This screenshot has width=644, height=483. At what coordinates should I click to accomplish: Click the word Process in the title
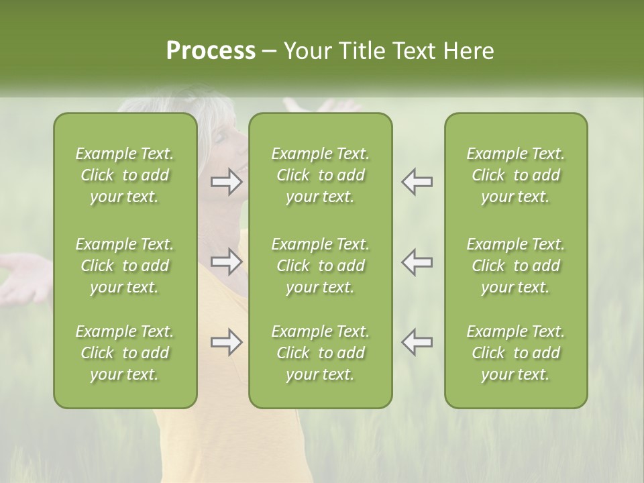[211, 51]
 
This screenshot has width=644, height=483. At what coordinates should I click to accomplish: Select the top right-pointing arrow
[227, 182]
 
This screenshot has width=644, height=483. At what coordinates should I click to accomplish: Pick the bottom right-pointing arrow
[227, 342]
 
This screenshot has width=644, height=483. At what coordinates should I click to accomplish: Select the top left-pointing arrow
[417, 182]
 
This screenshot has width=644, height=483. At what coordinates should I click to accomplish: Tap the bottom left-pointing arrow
[417, 342]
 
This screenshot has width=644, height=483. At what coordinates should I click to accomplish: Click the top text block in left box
[125, 175]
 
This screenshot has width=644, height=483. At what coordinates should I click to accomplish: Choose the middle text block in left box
[125, 266]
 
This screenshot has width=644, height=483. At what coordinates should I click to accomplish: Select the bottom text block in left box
[125, 353]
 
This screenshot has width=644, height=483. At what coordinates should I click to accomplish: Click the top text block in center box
[320, 175]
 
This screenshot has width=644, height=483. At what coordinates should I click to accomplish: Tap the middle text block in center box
[320, 266]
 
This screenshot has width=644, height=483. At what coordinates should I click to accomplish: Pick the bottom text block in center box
[320, 353]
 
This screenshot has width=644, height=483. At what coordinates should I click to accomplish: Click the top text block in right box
[515, 175]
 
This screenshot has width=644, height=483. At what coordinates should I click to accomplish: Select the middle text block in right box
[515, 266]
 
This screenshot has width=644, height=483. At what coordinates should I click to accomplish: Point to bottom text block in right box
[515, 353]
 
